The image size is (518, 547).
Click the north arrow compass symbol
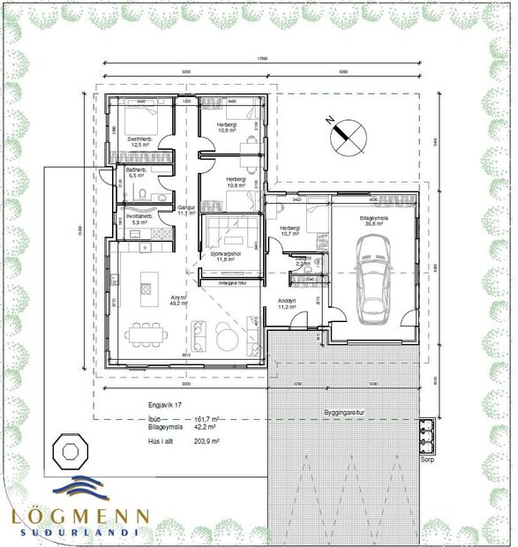[345, 132]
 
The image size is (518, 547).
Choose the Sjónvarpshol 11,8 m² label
[229, 256]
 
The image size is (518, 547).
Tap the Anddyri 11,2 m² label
[287, 303]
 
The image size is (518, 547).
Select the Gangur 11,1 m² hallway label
[185, 210]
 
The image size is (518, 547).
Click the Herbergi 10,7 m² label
[291, 232]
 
